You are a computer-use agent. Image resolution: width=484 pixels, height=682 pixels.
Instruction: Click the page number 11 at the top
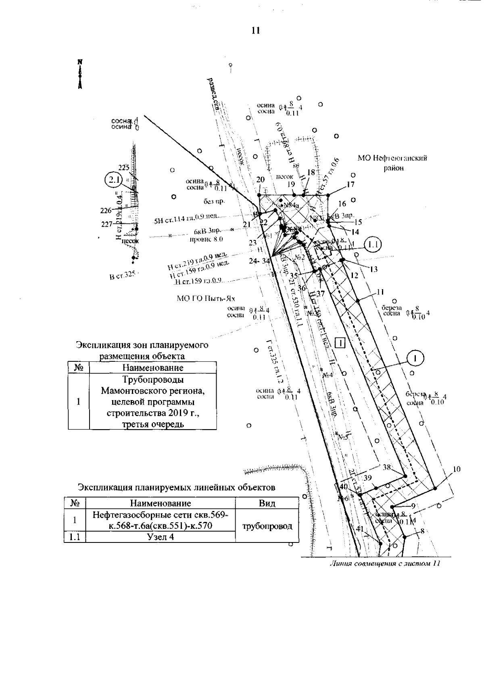pos(255,31)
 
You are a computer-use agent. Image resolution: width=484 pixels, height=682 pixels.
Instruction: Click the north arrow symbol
pos(80,74)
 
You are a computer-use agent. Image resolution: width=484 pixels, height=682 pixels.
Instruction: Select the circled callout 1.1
pos(372,244)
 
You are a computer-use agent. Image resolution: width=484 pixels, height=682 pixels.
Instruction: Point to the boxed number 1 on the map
pos(341,343)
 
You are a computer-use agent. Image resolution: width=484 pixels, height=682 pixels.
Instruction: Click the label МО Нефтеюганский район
pos(392,163)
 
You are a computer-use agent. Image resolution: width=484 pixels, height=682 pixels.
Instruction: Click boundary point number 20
pos(260,180)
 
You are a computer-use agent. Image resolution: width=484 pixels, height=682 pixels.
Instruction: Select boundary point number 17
pos(350,184)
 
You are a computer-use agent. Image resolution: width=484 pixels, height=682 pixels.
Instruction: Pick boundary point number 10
pos(457,469)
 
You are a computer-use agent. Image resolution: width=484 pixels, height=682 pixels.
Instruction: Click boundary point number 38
pos(387,467)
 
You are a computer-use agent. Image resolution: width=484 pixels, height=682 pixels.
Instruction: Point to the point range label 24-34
pos(259,261)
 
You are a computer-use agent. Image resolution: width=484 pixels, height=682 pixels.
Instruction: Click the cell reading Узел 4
pos(161,537)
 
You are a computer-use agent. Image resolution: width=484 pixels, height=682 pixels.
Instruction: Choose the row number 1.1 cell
pos(75,537)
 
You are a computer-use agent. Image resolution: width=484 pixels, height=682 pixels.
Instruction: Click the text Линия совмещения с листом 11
pos(384,563)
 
